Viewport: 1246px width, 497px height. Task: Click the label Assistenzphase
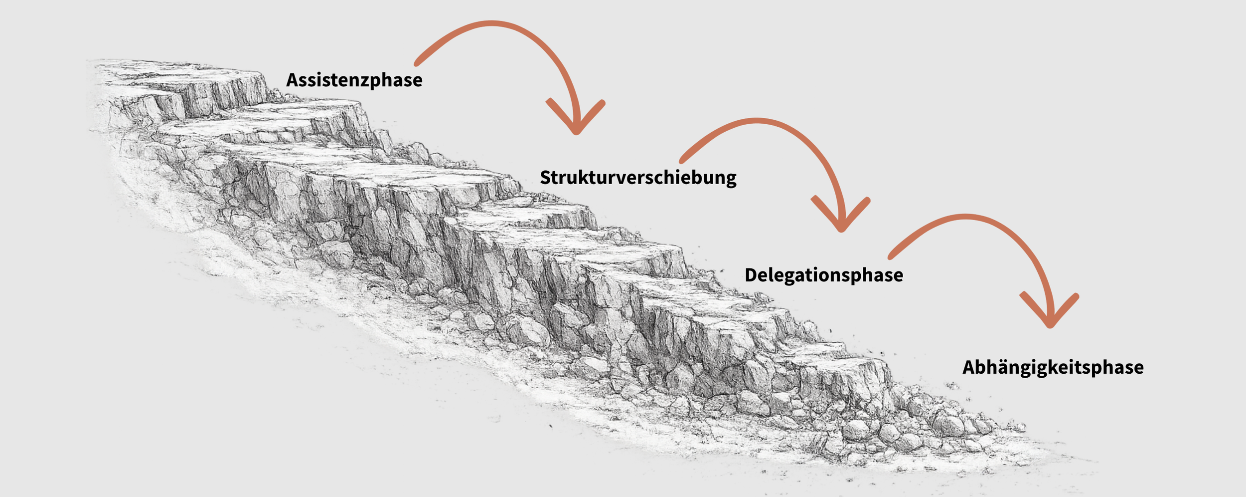[354, 80]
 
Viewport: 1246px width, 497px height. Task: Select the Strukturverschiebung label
[638, 178]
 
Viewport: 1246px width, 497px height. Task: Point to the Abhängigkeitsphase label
[1053, 368]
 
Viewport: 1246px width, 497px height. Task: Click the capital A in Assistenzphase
[293, 80]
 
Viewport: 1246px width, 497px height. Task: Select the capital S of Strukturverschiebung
[546, 178]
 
